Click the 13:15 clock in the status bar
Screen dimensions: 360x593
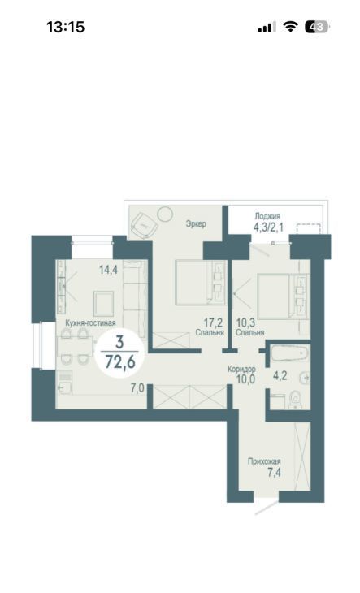(66, 28)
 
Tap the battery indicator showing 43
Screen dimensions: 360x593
(317, 28)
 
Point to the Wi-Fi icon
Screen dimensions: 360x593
(290, 27)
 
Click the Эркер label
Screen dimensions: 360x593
(196, 223)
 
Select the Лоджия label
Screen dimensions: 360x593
(267, 216)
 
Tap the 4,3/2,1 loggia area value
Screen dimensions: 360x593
(268, 227)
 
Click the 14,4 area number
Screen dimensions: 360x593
(109, 270)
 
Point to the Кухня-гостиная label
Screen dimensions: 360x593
(90, 323)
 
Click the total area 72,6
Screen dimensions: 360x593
(120, 362)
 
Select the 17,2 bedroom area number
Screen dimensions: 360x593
(213, 322)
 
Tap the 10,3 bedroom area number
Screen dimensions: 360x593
(245, 322)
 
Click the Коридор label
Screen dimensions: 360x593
(241, 369)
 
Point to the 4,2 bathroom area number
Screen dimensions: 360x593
(280, 376)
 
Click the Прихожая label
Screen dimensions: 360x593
(264, 461)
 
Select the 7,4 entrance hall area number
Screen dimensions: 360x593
(274, 472)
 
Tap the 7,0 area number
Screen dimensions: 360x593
(137, 388)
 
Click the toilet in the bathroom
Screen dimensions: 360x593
(295, 400)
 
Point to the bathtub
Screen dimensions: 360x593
(290, 353)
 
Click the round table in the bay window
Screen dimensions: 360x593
(165, 214)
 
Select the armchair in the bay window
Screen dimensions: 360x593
(143, 225)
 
